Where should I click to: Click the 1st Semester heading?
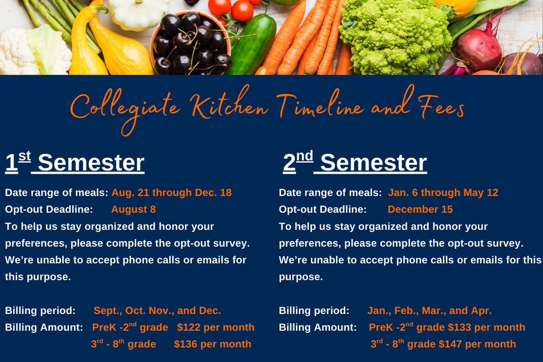click(75, 162)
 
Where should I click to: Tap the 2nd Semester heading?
click(355, 162)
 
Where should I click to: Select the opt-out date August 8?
click(133, 209)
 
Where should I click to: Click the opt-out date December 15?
click(420, 209)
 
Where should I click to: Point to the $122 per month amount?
click(216, 327)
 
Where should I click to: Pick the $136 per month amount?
click(213, 344)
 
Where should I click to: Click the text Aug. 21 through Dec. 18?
click(171, 193)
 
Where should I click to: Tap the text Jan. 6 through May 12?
click(443, 193)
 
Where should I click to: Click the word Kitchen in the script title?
click(229, 104)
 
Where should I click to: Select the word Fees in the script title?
click(442, 107)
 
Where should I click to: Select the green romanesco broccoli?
click(395, 36)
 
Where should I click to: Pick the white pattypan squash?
click(138, 13)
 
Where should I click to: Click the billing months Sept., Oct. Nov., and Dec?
click(157, 310)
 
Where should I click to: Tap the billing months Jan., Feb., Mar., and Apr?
click(429, 310)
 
